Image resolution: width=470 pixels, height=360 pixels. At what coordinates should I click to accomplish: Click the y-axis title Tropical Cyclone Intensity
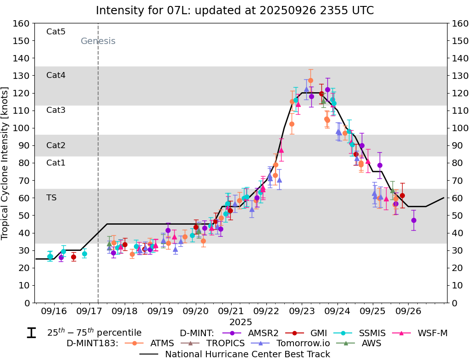click(6, 163)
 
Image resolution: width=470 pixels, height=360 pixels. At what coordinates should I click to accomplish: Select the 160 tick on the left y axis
click(22, 23)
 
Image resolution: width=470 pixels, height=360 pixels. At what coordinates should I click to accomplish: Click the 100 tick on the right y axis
click(459, 128)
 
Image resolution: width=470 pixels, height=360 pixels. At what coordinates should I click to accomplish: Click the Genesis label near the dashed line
click(98, 41)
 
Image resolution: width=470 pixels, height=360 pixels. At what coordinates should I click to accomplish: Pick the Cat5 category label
click(56, 32)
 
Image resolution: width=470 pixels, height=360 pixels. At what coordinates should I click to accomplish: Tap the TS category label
click(51, 198)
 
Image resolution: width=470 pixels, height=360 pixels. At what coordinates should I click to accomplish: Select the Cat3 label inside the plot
click(56, 110)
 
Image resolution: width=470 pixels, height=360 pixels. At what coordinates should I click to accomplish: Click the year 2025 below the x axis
click(241, 322)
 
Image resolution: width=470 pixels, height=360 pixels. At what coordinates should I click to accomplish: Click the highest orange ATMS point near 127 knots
click(310, 80)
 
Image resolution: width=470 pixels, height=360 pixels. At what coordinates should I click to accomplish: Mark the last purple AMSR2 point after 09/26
click(414, 220)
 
